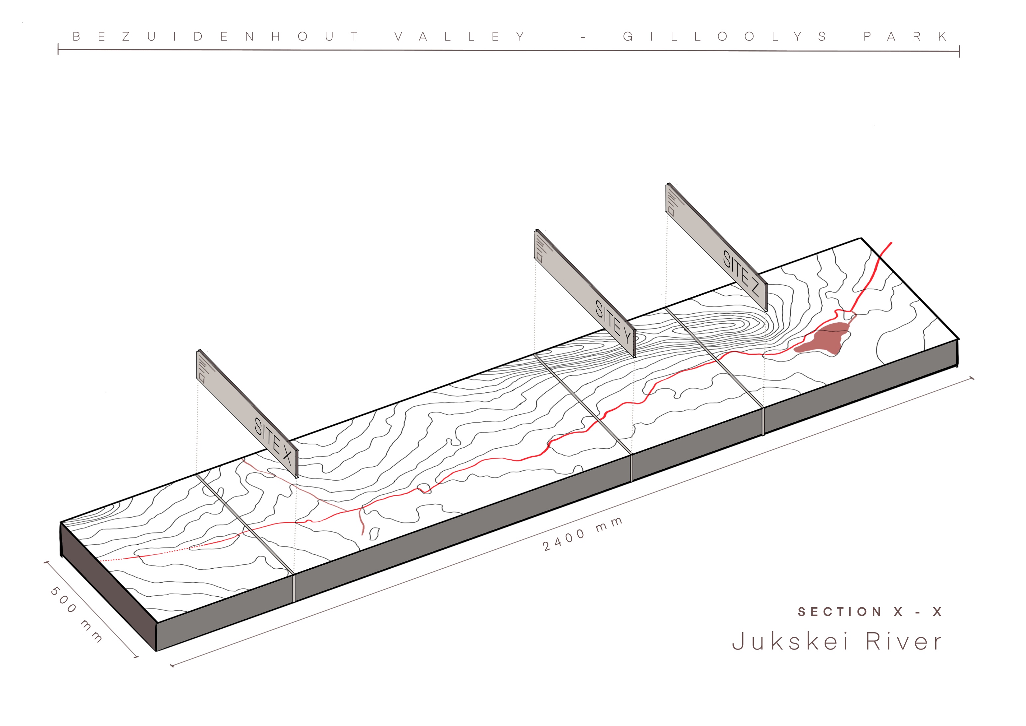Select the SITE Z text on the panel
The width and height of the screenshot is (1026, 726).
741,273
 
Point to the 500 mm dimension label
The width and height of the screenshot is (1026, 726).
76,614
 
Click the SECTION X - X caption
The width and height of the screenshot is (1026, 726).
869,612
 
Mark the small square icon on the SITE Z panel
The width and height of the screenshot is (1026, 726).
671,211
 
